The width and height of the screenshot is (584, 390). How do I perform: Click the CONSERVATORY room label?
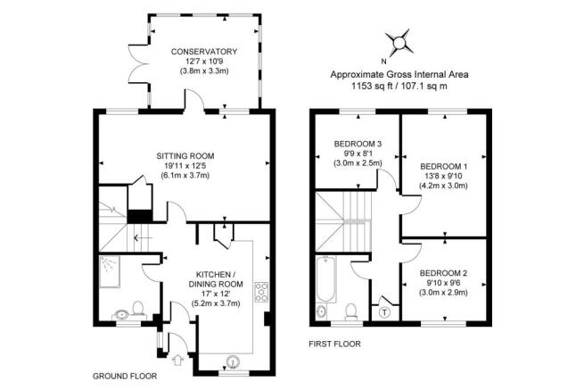203,52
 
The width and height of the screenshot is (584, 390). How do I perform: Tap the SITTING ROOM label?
185,156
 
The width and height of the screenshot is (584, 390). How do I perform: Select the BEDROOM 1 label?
444,166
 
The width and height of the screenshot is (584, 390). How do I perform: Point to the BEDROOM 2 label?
443,273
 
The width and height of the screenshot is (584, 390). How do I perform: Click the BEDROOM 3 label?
358,144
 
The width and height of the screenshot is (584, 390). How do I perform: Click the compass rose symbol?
399,42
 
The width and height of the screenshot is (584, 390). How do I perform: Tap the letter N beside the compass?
383,62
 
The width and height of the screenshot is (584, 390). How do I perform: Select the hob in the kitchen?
261,292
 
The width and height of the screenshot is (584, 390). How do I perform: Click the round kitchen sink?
233,361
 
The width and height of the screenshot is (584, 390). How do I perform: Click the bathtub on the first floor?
326,278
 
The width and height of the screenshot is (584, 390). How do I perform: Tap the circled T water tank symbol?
384,312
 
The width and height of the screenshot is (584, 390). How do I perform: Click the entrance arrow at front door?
178,360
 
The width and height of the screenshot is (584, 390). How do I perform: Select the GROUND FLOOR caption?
125,377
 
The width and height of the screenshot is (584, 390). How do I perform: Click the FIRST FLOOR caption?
335,344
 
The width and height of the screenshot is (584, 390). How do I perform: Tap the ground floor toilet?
138,309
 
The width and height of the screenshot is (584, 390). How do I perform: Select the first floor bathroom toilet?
351,311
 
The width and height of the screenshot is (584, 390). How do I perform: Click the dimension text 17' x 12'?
216,294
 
